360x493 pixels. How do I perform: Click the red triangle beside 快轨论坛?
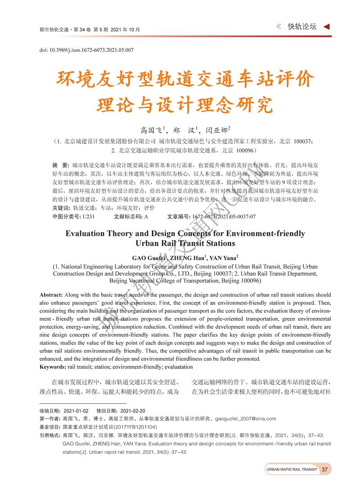coord(327,27)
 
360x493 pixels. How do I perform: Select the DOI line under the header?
coord(86,50)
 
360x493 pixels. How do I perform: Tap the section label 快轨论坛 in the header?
coord(303,27)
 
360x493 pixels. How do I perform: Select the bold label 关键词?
coord(61,208)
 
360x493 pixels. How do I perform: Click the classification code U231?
coord(88,217)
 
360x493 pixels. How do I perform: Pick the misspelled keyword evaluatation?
coord(194,367)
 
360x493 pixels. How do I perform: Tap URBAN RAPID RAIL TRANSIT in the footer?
coord(292,470)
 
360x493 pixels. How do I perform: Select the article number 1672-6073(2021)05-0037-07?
coord(224,217)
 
